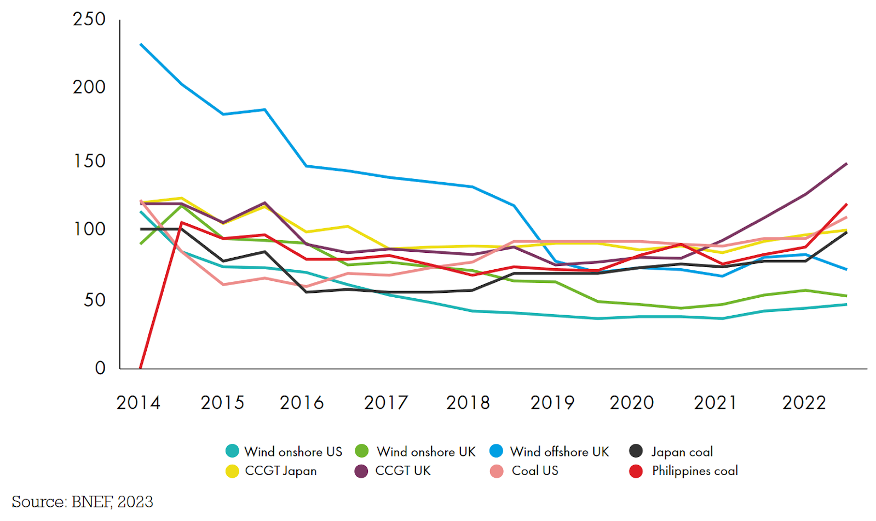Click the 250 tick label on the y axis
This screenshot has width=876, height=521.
click(x=89, y=19)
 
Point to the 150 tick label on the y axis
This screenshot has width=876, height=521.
click(x=89, y=161)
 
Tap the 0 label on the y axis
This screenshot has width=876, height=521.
click(x=100, y=368)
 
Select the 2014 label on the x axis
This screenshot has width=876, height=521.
click(x=138, y=403)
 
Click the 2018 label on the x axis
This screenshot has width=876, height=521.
click(x=468, y=403)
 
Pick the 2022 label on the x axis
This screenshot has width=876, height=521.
click(x=804, y=403)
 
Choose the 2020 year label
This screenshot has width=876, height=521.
click(x=632, y=403)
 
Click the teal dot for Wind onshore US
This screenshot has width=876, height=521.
click(x=232, y=451)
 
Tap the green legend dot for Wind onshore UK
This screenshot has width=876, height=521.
click(x=362, y=451)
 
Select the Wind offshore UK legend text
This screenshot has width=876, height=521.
click(x=560, y=451)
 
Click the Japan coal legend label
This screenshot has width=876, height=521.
click(x=682, y=451)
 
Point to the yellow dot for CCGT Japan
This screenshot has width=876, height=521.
click(x=232, y=471)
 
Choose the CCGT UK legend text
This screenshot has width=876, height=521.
click(x=403, y=471)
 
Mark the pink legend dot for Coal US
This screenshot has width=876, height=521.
click(x=497, y=471)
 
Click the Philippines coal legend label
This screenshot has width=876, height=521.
click(x=695, y=471)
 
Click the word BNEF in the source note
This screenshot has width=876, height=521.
click(x=91, y=502)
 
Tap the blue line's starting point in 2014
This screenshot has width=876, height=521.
click(x=141, y=44)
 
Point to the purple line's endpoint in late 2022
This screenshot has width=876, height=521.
click(x=846, y=164)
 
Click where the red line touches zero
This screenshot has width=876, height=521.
click(x=141, y=368)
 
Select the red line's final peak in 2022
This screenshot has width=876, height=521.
click(x=846, y=204)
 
